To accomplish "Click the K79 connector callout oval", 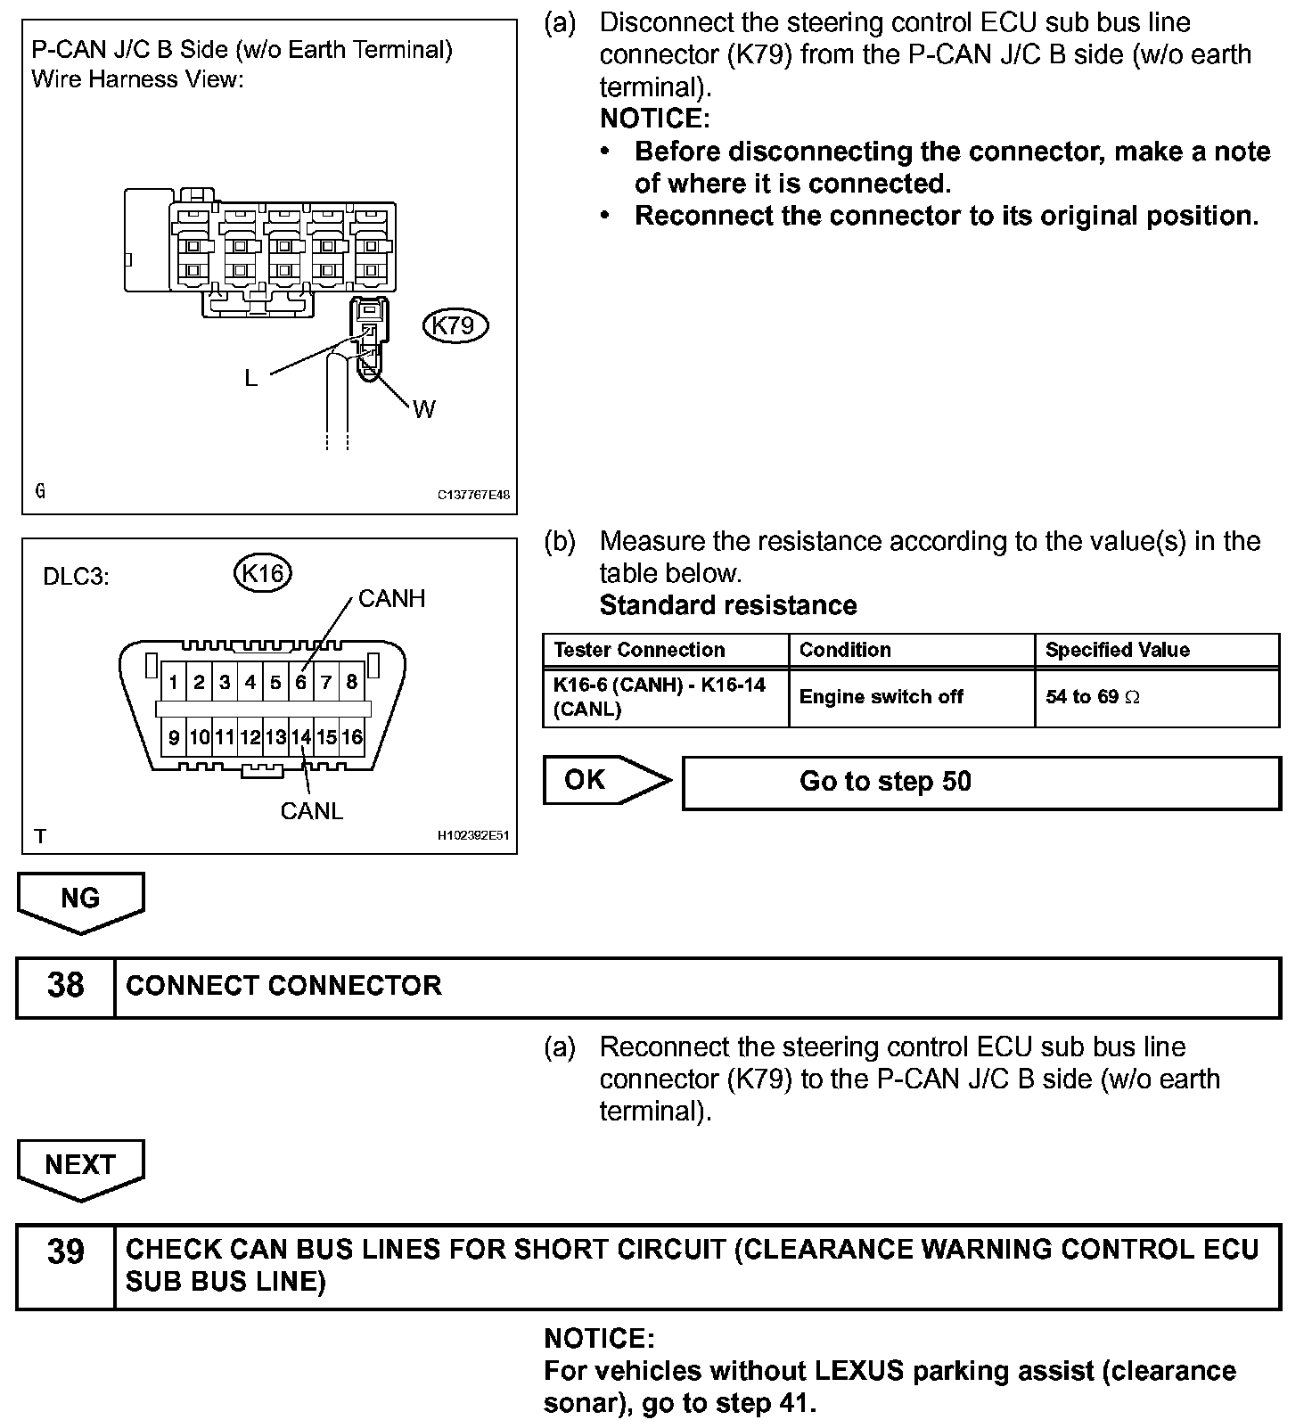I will [x=454, y=325].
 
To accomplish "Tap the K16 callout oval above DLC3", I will [x=263, y=572].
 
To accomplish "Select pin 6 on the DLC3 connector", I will [x=301, y=683].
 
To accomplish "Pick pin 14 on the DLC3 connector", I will [x=301, y=737].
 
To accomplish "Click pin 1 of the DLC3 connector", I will [x=174, y=683].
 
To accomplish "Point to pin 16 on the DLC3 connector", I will [x=352, y=737].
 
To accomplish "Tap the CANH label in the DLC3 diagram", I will [x=391, y=599].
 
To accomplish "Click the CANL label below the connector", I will [x=311, y=811].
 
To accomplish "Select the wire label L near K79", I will [x=251, y=379].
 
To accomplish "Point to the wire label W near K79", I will [x=425, y=409].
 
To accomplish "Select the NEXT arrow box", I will [x=80, y=1165].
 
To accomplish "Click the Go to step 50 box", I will [x=980, y=783].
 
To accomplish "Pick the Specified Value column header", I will [x=1118, y=650].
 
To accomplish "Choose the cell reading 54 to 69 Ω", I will [x=1094, y=697].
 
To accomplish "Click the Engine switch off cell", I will [x=881, y=697].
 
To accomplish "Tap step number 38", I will [x=65, y=986].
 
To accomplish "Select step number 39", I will [x=65, y=1252].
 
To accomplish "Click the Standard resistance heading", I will [x=728, y=605].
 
